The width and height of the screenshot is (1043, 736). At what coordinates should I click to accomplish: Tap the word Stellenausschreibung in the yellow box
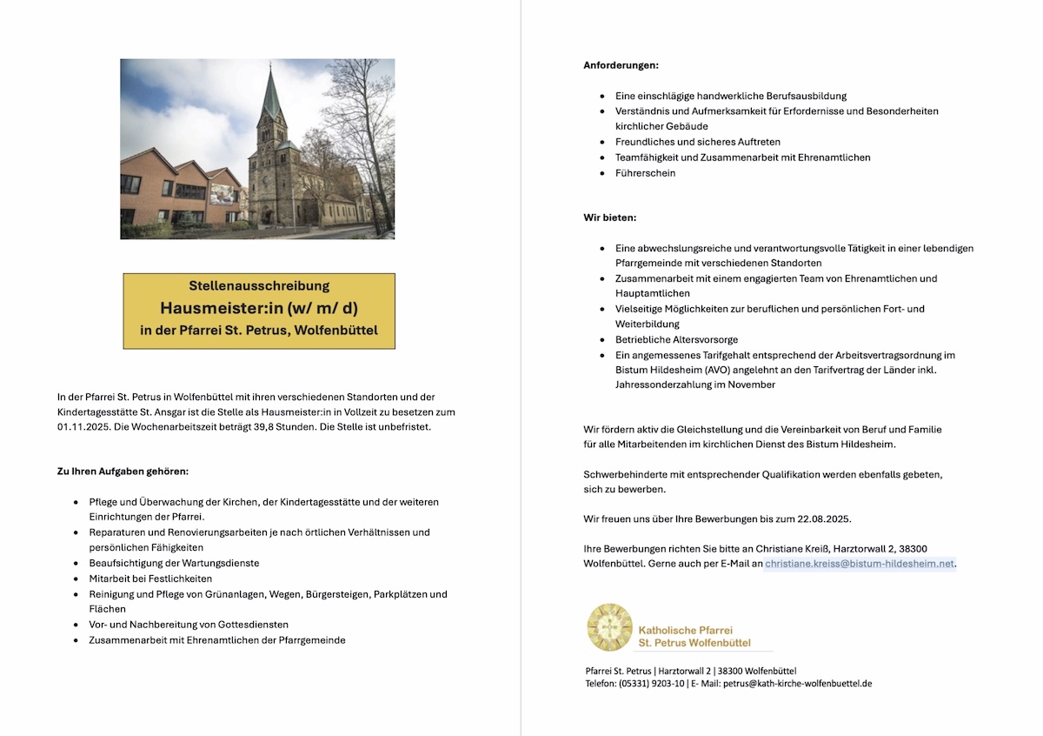point(259,285)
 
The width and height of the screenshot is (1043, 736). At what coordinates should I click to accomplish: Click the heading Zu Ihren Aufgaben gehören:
point(123,472)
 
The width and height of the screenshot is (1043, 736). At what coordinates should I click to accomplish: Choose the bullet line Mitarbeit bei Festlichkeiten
point(150,579)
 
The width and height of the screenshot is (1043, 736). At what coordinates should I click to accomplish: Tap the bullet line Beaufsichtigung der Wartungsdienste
point(174,563)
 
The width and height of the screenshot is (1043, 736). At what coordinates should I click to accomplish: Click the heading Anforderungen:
point(621,65)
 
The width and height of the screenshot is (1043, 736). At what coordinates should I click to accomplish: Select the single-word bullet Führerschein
point(645,173)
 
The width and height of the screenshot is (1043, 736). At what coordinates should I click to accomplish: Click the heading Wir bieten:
point(609,217)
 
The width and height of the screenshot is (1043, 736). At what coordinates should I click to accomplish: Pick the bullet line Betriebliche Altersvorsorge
point(676,339)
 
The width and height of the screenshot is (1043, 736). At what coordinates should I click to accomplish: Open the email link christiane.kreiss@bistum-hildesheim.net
point(860,564)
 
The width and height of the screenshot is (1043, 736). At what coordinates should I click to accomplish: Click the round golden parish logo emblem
point(609,627)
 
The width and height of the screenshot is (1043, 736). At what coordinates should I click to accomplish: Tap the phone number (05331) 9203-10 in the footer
point(651,684)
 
